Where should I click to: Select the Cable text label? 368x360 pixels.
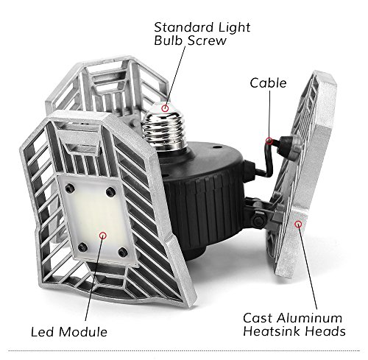[268, 83]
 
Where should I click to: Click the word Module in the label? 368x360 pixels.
[83, 332]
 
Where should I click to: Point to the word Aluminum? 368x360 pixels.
[311, 318]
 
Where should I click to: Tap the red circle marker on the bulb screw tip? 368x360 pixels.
[166, 107]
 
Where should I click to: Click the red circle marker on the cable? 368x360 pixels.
[269, 141]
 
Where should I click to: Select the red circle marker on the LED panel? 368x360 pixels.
[103, 236]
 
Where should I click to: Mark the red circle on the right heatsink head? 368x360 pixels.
[298, 224]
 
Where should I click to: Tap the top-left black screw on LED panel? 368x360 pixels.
[70, 188]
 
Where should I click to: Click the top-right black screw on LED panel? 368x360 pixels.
[110, 191]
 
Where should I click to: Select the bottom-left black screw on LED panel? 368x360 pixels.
[82, 247]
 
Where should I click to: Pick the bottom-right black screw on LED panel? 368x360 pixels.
[123, 251]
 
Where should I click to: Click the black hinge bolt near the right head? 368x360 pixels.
[260, 219]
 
